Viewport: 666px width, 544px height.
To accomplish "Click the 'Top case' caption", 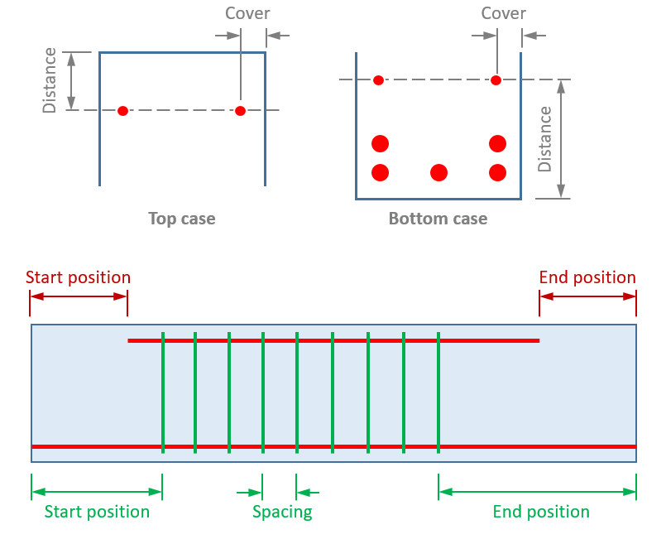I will (181, 219).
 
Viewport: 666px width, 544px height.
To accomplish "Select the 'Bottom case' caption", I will (438, 219).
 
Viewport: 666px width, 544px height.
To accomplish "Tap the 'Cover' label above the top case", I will (247, 14).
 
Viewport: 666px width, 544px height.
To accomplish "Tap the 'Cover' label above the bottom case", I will (503, 14).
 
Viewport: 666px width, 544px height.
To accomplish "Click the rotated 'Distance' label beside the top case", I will (50, 80).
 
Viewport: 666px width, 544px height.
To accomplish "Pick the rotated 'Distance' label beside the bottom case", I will (544, 139).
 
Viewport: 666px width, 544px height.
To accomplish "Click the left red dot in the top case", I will (122, 111).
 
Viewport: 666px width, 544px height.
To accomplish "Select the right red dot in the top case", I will (240, 111).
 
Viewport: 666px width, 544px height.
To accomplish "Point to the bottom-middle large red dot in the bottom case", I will (438, 172).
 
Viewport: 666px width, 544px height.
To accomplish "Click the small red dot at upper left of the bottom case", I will (378, 80).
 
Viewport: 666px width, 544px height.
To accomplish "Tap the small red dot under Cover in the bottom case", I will (496, 80).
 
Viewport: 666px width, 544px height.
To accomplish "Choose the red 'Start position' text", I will (78, 277).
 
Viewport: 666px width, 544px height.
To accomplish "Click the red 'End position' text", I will (587, 277).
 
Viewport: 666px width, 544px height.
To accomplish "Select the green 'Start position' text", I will (97, 512).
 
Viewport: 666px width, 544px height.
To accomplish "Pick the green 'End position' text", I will (541, 512).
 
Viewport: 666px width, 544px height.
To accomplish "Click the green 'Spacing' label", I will (282, 512).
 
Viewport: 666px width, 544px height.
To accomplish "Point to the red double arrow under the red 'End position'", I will (587, 296).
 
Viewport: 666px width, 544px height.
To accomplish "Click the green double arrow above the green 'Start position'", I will (97, 492).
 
